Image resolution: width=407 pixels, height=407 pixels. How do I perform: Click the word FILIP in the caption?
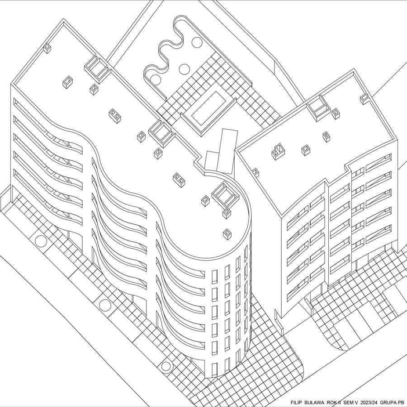point(296,402)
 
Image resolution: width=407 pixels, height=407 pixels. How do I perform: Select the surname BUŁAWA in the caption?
point(314,402)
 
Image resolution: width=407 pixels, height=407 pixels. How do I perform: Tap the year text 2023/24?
point(369,402)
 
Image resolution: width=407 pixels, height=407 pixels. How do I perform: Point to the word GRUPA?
point(388,402)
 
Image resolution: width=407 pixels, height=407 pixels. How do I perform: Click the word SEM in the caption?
point(348,402)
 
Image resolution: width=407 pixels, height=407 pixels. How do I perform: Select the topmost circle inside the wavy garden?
point(197,42)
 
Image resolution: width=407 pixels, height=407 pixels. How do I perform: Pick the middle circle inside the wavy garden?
point(185,69)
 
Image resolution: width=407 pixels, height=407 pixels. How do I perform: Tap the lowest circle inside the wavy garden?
point(155,80)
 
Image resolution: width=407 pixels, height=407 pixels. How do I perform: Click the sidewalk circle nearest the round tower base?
point(166,366)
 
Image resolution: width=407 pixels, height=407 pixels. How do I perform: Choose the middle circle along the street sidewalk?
point(105,305)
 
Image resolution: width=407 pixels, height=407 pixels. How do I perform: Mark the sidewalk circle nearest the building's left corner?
point(41,241)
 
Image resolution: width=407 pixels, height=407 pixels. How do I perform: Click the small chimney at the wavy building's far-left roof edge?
point(47,48)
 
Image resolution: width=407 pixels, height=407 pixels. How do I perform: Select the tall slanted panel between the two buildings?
point(227,151)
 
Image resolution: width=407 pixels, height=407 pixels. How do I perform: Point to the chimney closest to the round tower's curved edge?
point(227,234)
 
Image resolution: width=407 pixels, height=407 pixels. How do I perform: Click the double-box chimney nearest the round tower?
point(179,180)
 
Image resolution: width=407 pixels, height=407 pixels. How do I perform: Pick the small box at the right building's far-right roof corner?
point(364,99)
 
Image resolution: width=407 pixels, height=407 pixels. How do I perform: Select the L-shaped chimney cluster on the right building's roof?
point(278,152)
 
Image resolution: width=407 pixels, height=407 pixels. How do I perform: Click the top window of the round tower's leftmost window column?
point(214,277)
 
